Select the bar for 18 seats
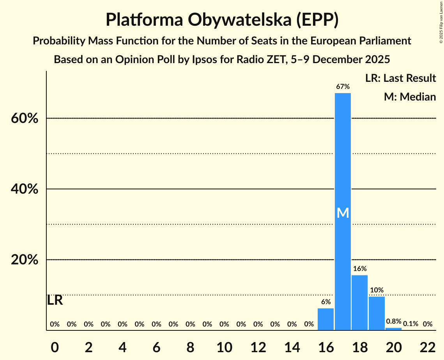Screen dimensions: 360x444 tap(359, 302)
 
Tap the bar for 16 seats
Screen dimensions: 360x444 tap(326, 319)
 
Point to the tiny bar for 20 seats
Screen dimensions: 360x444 tap(393, 329)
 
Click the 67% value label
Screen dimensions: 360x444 tap(343, 86)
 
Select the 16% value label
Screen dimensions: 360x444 tap(359, 269)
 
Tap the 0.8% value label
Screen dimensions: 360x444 tap(393, 322)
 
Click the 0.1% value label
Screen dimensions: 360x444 tap(410, 324)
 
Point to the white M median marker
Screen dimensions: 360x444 tap(343, 213)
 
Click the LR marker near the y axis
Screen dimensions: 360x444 tap(55, 300)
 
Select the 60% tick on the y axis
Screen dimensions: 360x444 tap(25, 118)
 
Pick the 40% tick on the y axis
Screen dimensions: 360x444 tap(25, 189)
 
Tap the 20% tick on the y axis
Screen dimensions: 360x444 tap(25, 260)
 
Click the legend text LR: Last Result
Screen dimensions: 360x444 tap(400, 78)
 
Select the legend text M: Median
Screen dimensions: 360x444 tap(410, 97)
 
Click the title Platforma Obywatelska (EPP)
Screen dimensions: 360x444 tap(222, 20)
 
